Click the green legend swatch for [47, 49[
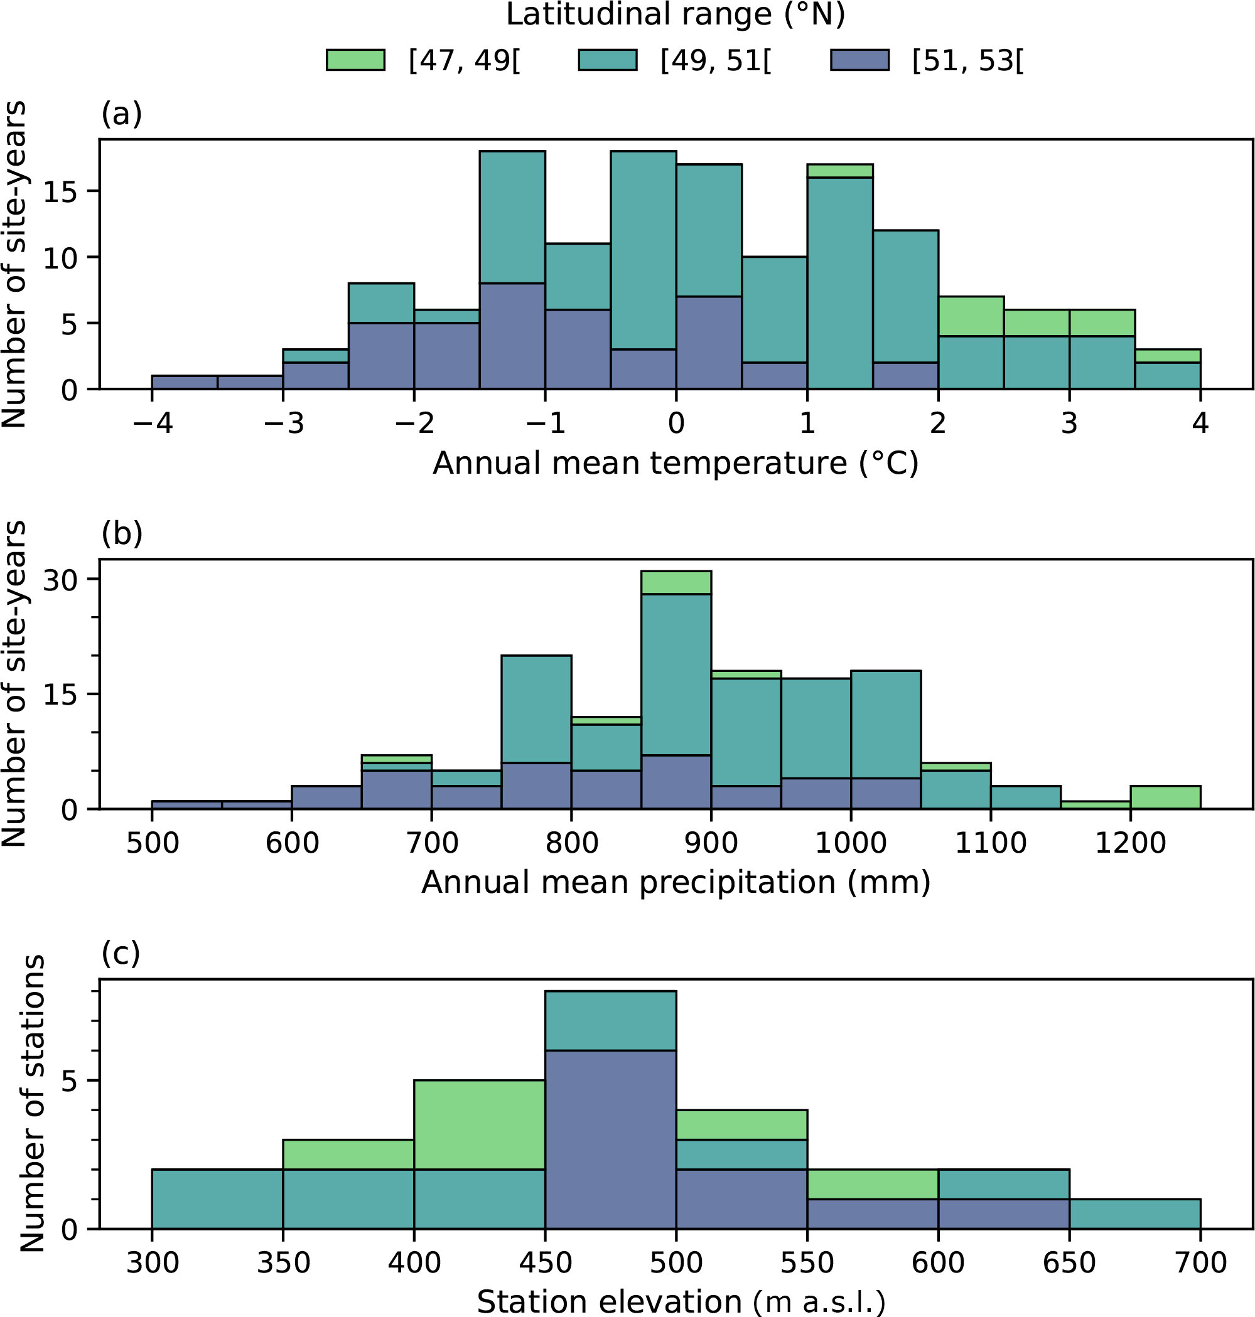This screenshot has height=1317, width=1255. tap(355, 60)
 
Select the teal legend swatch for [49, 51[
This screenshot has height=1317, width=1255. tap(608, 60)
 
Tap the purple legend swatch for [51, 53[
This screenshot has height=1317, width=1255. tap(859, 60)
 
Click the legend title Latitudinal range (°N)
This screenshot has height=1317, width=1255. tap(675, 14)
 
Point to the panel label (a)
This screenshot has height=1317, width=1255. tap(122, 114)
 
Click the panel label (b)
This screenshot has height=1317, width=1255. tap(122, 533)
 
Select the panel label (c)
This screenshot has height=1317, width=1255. tap(121, 952)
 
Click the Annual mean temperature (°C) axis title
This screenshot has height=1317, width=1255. tap(676, 463)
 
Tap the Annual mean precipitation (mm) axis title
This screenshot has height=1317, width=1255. tap(676, 882)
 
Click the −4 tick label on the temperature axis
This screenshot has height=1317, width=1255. tap(153, 423)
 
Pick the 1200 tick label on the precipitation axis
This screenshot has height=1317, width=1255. tap(1131, 843)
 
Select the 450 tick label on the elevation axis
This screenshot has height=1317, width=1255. tap(545, 1263)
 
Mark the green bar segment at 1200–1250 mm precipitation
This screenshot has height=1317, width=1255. tap(1165, 797)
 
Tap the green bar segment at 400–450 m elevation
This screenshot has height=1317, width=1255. tap(480, 1125)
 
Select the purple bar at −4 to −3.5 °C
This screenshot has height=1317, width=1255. tap(185, 381)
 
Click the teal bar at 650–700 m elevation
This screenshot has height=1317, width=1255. tap(1134, 1214)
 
